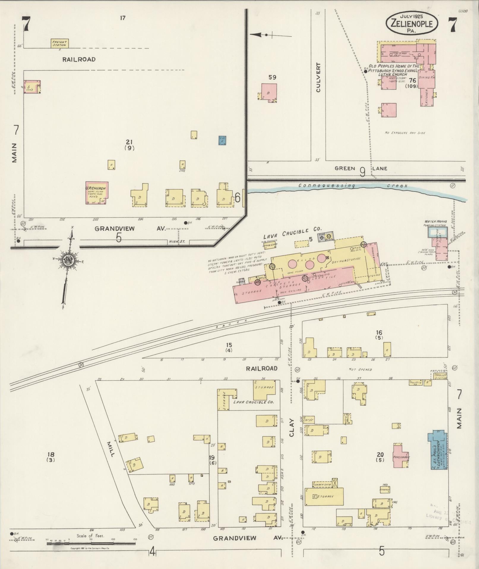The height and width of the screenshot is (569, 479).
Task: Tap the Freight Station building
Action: (x=59, y=43)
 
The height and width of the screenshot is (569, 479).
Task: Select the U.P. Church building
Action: (x=97, y=193)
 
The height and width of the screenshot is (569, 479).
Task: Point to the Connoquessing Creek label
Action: (x=353, y=186)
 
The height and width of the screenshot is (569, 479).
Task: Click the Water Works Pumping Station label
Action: (x=435, y=223)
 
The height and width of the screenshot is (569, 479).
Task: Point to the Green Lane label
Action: (x=361, y=169)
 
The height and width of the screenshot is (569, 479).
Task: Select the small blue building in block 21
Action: (x=222, y=140)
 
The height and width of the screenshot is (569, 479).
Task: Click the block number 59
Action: (x=272, y=77)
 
